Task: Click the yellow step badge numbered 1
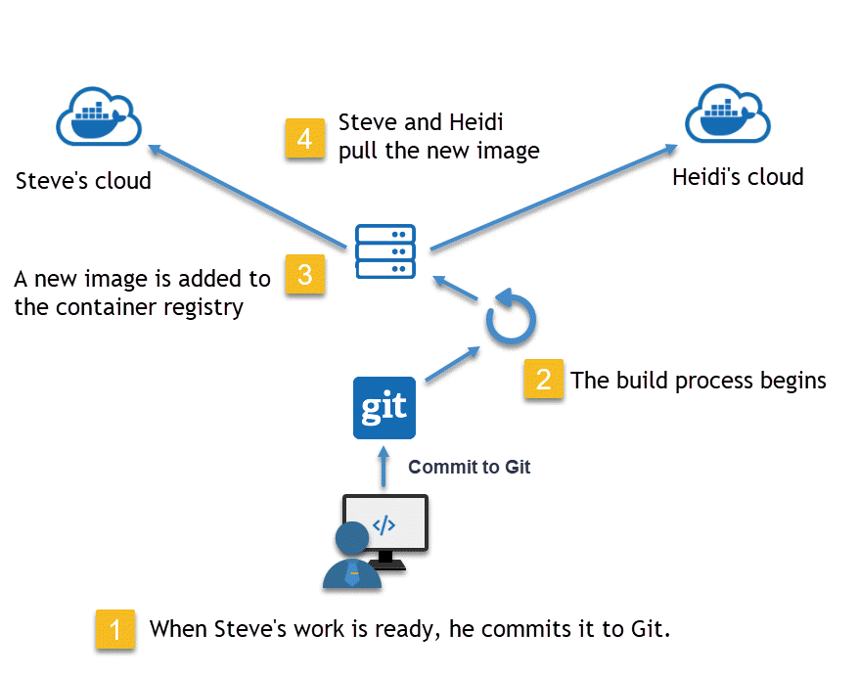tap(115, 629)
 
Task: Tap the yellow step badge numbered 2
tap(543, 379)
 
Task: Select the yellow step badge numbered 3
tap(304, 275)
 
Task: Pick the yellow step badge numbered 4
tap(304, 139)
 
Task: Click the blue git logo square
tap(384, 408)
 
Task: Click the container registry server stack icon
tap(384, 250)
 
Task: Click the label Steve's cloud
tap(83, 181)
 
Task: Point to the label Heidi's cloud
tap(738, 177)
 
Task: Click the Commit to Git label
tap(470, 467)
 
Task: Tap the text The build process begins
tap(699, 380)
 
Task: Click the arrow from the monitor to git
tap(384, 469)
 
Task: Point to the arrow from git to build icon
tap(453, 364)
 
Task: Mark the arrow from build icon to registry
tap(458, 289)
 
